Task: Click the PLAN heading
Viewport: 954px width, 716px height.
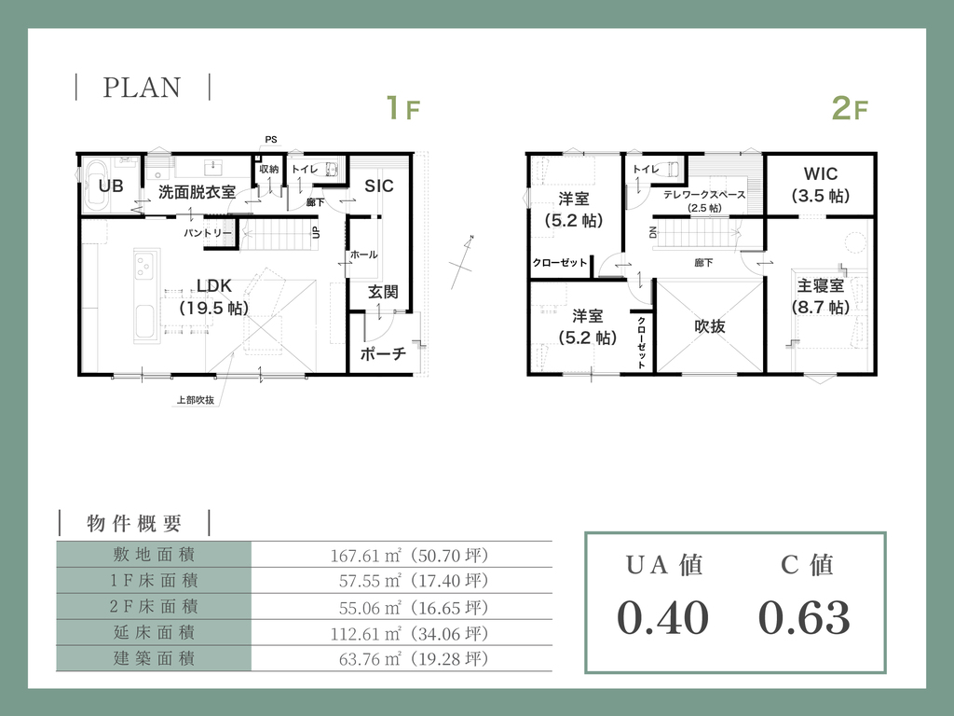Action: click(142, 87)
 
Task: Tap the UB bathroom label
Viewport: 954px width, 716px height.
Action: click(111, 186)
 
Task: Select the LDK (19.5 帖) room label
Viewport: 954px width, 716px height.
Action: click(214, 296)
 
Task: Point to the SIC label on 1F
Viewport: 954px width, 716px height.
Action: click(379, 186)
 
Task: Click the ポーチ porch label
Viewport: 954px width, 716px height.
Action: click(383, 353)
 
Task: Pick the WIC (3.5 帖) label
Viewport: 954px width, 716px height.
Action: click(821, 185)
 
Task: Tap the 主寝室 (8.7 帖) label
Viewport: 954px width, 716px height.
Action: click(821, 296)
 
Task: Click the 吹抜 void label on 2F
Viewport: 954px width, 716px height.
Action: click(710, 326)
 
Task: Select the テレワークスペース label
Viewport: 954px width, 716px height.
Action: click(704, 195)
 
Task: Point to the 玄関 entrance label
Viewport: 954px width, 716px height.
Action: click(383, 292)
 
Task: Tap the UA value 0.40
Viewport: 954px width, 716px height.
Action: click(663, 617)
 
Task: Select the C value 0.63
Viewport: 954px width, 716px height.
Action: click(804, 617)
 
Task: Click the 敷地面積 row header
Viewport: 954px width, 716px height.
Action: click(154, 555)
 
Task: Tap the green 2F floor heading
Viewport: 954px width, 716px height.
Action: click(850, 108)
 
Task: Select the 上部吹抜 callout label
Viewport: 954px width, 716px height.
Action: click(196, 400)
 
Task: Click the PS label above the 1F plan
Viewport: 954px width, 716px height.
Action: click(271, 140)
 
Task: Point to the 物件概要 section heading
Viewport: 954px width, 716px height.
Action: click(134, 523)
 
